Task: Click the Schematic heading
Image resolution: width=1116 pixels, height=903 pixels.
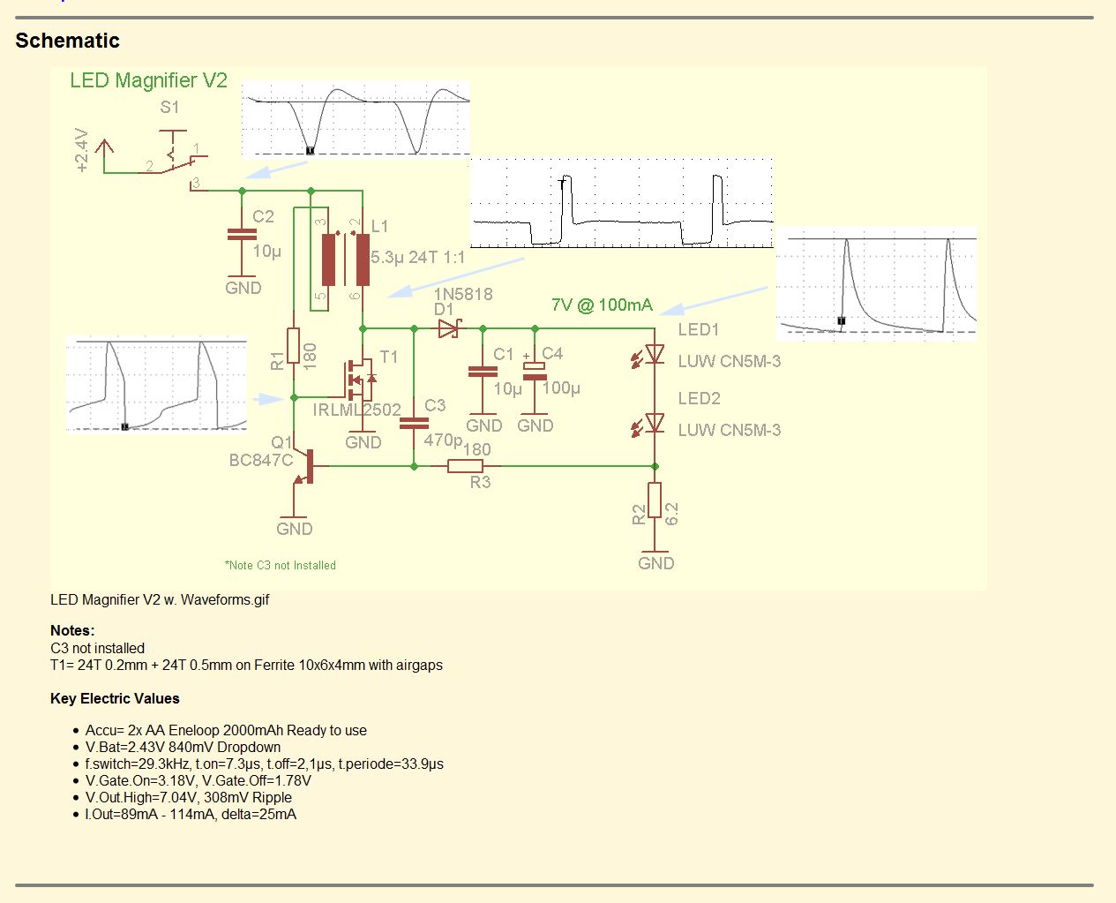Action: click(x=67, y=41)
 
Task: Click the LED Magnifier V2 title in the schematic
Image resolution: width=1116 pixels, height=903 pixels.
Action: click(x=148, y=80)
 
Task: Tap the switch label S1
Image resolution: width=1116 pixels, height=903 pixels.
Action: click(x=169, y=107)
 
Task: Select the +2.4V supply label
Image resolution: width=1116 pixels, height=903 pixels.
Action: click(x=81, y=150)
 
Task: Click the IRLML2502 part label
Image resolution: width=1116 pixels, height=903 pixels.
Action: click(x=356, y=410)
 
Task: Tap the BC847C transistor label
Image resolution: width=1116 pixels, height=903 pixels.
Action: click(x=260, y=460)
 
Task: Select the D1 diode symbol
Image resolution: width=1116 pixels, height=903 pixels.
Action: click(x=448, y=328)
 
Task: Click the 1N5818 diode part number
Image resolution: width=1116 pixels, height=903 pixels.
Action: click(x=463, y=294)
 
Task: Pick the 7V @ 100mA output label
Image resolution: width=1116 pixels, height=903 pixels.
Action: click(x=602, y=305)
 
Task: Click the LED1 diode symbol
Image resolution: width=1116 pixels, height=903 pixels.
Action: click(x=655, y=354)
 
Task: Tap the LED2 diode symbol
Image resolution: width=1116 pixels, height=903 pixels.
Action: click(x=655, y=424)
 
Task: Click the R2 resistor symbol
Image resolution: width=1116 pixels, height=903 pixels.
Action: click(x=655, y=500)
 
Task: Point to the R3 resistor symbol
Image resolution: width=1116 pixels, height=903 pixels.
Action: click(x=465, y=466)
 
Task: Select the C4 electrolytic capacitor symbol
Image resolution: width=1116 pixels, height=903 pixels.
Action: click(x=535, y=370)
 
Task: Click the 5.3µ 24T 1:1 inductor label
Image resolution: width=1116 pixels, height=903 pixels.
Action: click(x=417, y=257)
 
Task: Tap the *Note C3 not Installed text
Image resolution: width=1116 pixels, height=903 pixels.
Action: click(x=281, y=565)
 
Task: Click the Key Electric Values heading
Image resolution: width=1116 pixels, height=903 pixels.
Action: click(x=115, y=698)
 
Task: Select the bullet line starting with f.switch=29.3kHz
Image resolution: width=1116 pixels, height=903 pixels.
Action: click(x=265, y=764)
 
